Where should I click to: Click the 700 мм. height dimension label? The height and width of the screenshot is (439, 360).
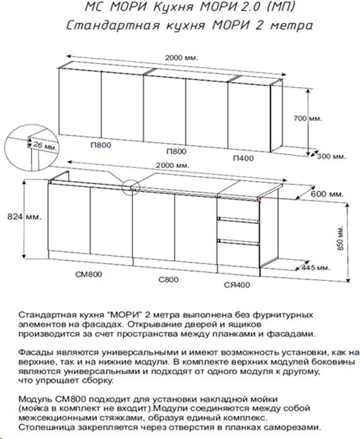[308, 119]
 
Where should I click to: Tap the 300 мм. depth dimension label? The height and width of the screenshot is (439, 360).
[331, 156]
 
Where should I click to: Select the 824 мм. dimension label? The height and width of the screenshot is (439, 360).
[24, 217]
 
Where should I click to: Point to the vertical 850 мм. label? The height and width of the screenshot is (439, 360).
[340, 238]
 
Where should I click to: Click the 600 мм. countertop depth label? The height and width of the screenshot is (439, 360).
[327, 194]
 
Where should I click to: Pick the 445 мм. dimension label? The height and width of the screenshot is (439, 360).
[315, 267]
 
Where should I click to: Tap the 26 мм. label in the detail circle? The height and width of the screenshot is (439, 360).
[45, 146]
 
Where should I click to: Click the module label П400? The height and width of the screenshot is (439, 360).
[243, 158]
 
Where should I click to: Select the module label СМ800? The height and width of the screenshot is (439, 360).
[88, 274]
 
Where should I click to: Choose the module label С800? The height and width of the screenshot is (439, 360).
[168, 279]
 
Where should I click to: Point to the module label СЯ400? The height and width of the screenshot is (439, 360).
[237, 285]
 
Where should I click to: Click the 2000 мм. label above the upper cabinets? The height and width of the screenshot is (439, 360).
[182, 58]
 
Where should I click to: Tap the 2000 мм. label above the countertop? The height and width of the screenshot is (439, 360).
[173, 165]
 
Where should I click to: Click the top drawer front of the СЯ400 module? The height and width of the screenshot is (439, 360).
[238, 208]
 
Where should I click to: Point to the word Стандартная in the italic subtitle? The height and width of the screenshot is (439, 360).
[113, 26]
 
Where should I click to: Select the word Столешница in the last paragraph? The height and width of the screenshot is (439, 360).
[46, 428]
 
